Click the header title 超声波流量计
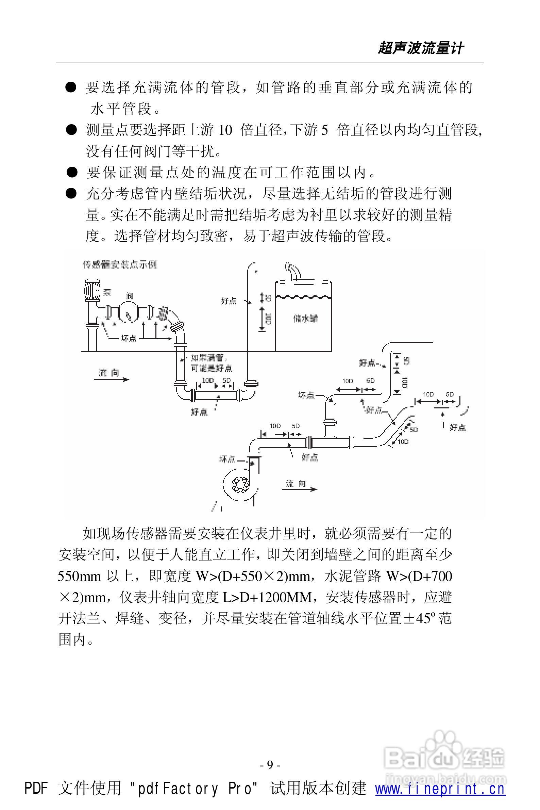pyautogui.click(x=421, y=48)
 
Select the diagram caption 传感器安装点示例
pyautogui.click(x=119, y=265)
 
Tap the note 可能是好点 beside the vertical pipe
pyautogui.click(x=212, y=369)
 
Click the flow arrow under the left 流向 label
pyautogui.click(x=112, y=379)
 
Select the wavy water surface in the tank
pyautogui.click(x=303, y=296)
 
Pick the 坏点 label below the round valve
pyautogui.click(x=128, y=339)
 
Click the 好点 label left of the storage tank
pyautogui.click(x=228, y=301)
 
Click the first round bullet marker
pyautogui.click(x=71, y=88)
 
